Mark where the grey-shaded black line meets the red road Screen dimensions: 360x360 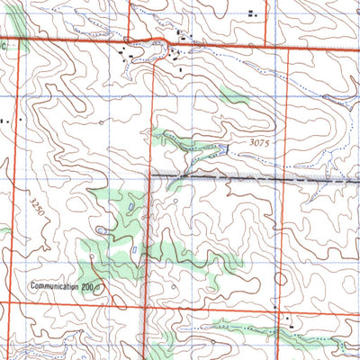pos(149,175)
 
